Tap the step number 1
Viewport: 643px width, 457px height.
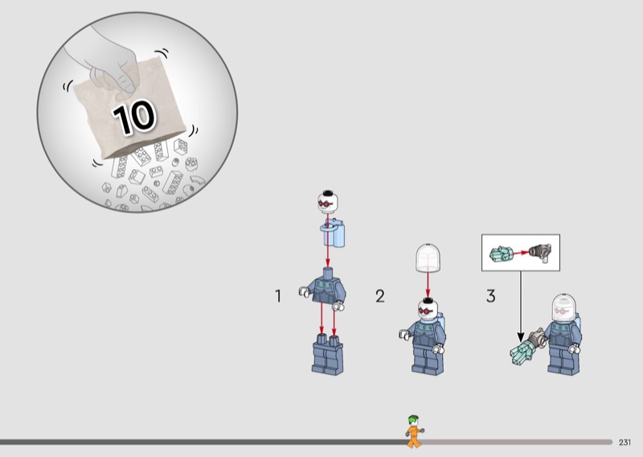coord(278,296)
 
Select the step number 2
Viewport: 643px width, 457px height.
coord(379,296)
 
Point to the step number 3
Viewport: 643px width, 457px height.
coord(490,296)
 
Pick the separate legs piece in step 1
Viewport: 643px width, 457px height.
coord(326,355)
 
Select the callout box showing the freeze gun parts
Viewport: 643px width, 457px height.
coord(519,253)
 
